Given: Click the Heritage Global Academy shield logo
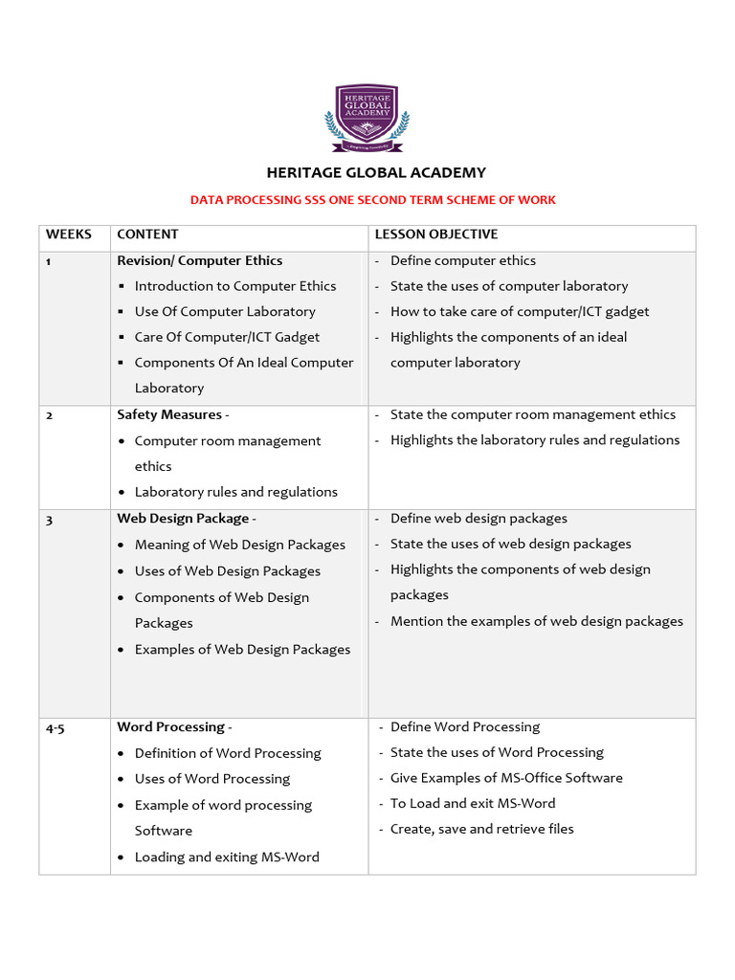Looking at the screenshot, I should (x=367, y=118).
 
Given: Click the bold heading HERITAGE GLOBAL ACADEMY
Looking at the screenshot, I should (x=375, y=173).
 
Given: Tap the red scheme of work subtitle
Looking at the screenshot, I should (x=372, y=200).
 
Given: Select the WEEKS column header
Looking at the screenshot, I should (x=69, y=234).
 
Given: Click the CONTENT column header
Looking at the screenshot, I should (x=147, y=234).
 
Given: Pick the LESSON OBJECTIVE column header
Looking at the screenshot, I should (x=435, y=234).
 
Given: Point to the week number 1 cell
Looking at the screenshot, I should (x=49, y=261).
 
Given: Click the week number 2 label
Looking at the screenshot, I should (x=50, y=415).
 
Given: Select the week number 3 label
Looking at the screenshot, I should (x=50, y=519).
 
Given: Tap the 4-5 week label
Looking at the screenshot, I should (x=56, y=727).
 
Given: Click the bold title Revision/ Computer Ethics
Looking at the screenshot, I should (x=199, y=260).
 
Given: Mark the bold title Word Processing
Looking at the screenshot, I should (x=171, y=727).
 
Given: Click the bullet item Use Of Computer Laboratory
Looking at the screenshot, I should (x=225, y=312).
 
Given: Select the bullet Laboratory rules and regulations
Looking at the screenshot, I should (x=235, y=492).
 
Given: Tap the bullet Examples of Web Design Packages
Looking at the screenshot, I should (x=242, y=650).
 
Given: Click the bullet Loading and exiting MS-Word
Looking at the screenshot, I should (x=227, y=857).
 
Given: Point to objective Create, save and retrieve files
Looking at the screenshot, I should (x=481, y=829).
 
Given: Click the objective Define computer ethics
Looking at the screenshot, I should (x=462, y=260).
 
